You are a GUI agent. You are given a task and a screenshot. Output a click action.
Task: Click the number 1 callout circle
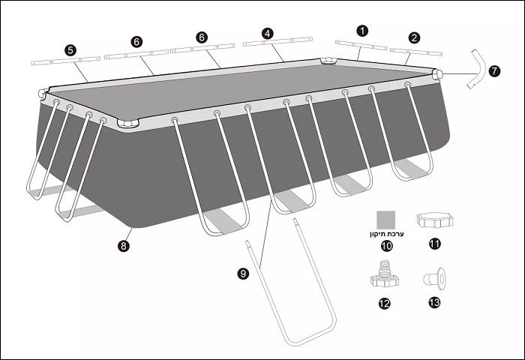[362, 31]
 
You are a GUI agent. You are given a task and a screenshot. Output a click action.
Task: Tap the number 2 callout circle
[415, 37]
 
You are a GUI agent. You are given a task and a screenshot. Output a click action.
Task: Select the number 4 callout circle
[267, 34]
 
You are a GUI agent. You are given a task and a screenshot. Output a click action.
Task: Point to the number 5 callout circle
[70, 50]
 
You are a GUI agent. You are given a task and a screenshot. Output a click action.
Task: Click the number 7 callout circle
[494, 71]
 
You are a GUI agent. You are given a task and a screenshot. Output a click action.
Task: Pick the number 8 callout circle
[124, 246]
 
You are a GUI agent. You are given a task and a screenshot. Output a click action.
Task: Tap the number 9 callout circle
[243, 274]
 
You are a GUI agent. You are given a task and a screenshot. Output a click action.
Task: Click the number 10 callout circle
[387, 246]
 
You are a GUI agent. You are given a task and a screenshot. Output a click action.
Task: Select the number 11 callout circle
[434, 244]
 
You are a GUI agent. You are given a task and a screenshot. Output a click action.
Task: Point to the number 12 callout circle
[384, 304]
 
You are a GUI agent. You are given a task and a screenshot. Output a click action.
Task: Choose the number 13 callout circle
[434, 303]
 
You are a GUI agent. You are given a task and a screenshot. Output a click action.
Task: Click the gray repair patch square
[386, 219]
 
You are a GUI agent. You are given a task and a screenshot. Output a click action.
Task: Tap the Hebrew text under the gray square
[387, 234]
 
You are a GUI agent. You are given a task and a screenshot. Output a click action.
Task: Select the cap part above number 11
[435, 220]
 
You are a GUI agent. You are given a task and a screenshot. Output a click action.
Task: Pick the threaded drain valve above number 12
[385, 274]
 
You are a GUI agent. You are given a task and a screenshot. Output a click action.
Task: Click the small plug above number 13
[434, 278]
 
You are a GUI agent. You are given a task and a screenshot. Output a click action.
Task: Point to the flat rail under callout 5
[66, 61]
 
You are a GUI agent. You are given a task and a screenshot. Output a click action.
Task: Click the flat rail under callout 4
[278, 41]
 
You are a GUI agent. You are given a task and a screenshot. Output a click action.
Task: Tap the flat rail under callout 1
[361, 45]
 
